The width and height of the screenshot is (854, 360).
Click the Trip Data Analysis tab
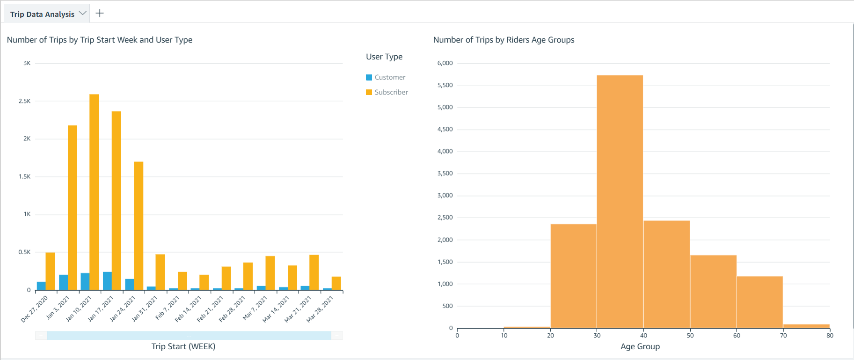pos(42,14)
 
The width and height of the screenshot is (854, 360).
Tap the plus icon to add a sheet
pos(100,13)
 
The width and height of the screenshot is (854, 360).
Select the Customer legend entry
pos(389,77)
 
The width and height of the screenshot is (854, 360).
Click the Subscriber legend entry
pos(391,92)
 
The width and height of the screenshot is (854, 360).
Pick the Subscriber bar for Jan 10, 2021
pos(94,192)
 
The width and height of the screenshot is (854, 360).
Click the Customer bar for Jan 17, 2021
pos(107,281)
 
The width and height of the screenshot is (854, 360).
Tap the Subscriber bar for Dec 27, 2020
pos(50,271)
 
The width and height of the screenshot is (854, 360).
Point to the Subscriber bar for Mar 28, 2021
pos(336,283)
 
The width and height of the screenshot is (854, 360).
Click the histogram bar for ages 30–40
pos(620,201)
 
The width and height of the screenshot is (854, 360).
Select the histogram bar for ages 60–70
pos(759,302)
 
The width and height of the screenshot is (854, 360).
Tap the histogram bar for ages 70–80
pos(806,326)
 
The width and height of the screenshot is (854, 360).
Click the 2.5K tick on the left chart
pos(24,101)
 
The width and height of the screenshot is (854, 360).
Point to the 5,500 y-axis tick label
pos(445,85)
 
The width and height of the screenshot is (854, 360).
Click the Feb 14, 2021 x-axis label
pos(188,309)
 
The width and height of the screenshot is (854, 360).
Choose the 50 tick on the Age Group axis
pos(690,335)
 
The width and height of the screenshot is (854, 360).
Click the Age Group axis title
pos(640,346)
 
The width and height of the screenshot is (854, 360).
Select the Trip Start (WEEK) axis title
pos(183,346)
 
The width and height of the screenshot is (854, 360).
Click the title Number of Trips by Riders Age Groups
pos(504,40)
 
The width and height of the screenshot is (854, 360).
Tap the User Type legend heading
pos(384,57)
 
